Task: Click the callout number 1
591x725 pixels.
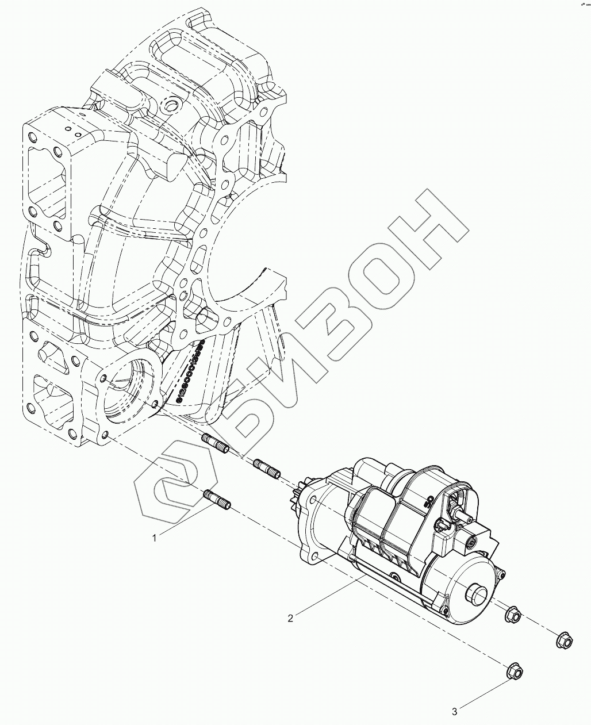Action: click(x=154, y=538)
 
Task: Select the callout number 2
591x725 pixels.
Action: click(x=291, y=618)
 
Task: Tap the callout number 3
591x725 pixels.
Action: click(x=454, y=712)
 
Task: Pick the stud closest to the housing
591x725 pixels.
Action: click(x=215, y=443)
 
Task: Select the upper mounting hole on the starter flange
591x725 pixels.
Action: click(x=312, y=501)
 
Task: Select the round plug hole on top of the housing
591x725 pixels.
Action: click(x=171, y=105)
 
